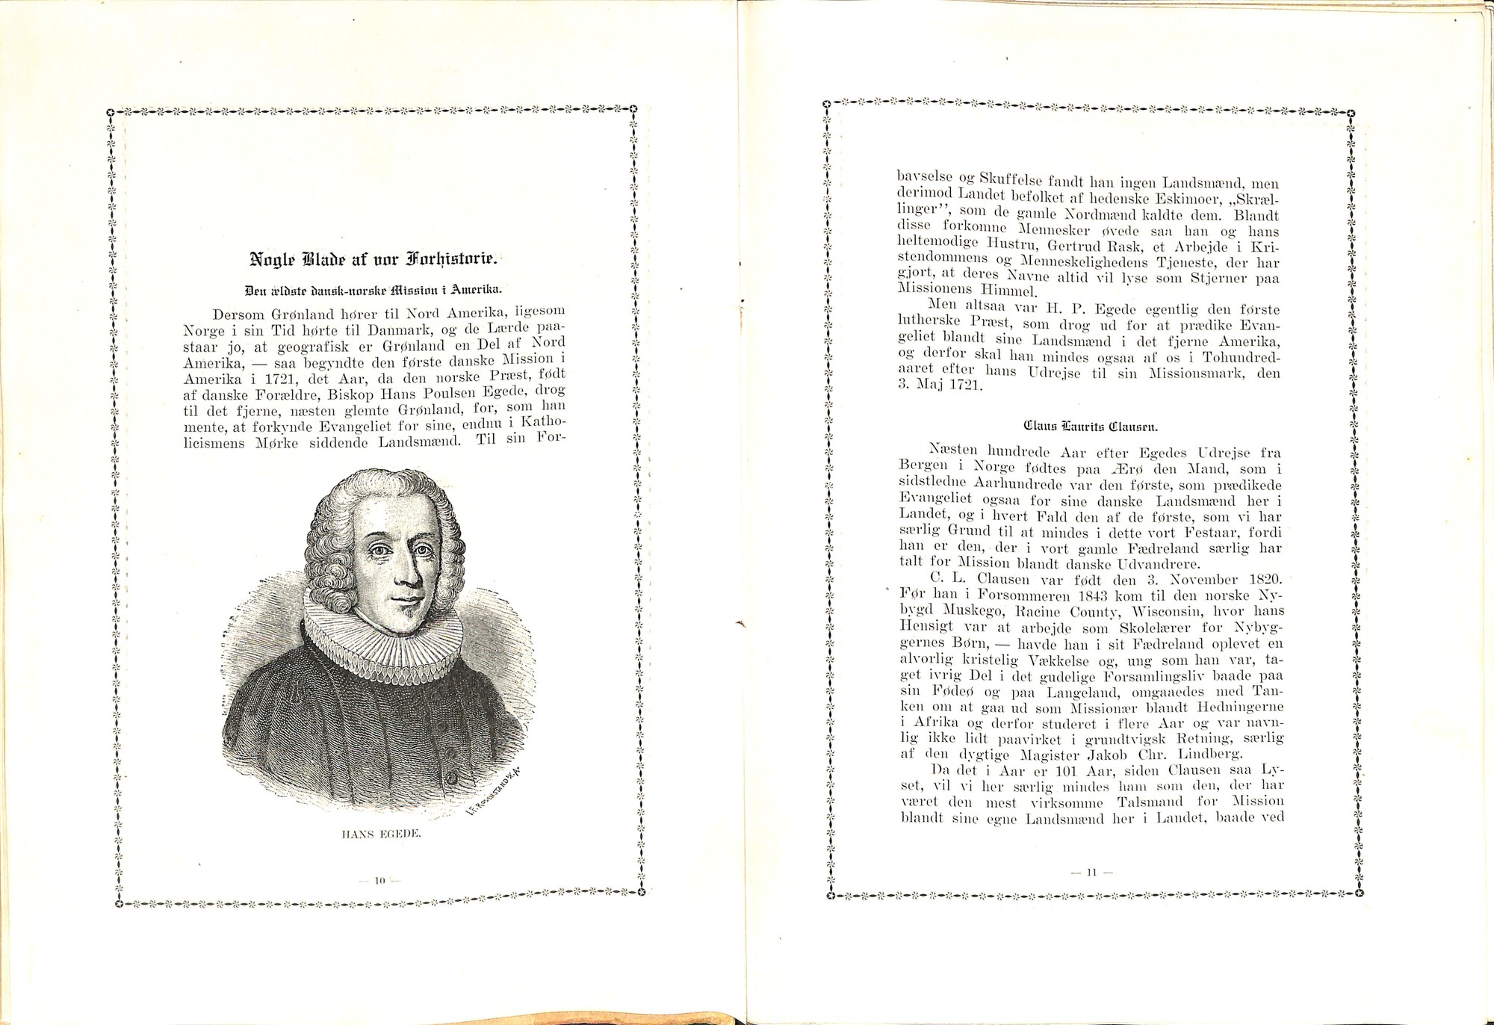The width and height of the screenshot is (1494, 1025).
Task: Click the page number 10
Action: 380,882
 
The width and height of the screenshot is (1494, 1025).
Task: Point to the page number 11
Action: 1091,871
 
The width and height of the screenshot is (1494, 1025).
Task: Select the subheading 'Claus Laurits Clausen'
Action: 1091,428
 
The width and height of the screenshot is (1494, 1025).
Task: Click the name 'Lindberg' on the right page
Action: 1203,754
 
